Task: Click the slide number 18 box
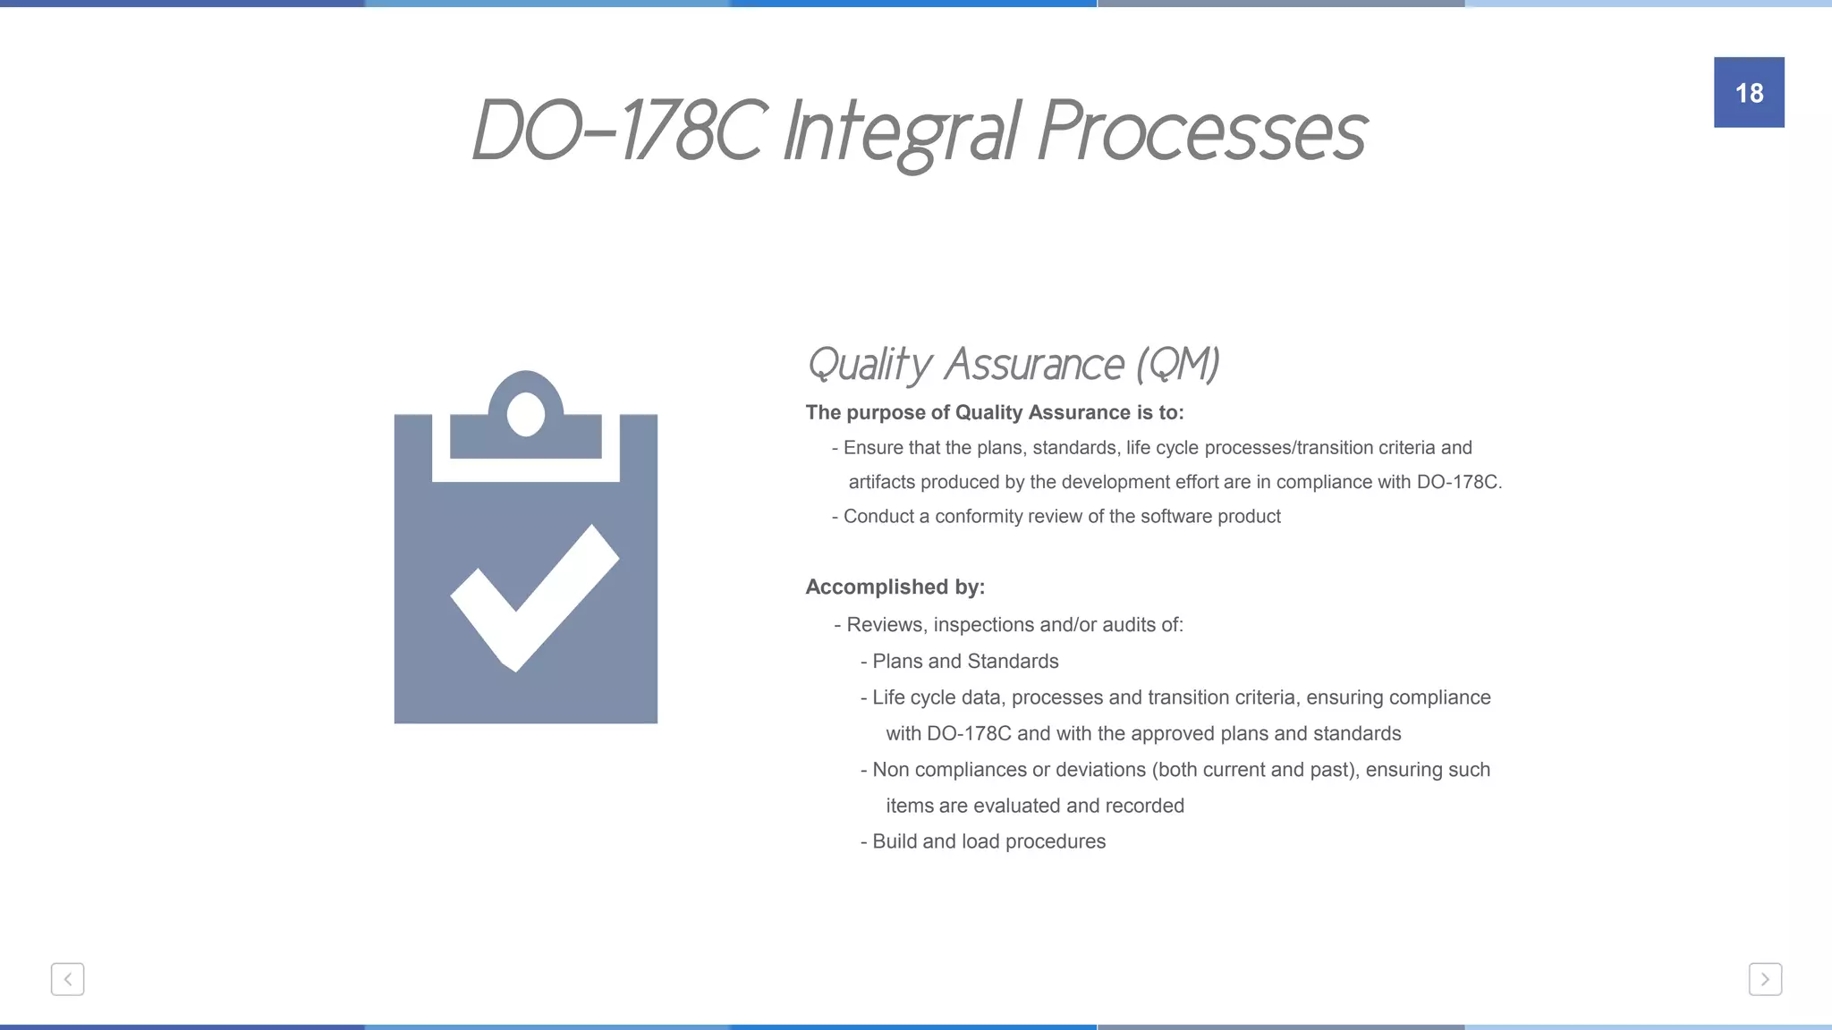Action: click(x=1749, y=92)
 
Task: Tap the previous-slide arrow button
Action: click(x=67, y=979)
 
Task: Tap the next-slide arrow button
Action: click(x=1765, y=979)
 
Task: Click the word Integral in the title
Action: click(x=902, y=132)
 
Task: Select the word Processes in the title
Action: click(x=1202, y=132)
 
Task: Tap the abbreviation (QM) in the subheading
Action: click(x=1178, y=364)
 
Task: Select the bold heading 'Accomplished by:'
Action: click(x=895, y=587)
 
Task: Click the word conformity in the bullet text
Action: click(x=977, y=517)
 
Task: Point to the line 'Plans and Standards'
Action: click(x=965, y=662)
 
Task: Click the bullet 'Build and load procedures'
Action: click(x=988, y=842)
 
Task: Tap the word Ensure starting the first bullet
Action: click(x=872, y=448)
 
